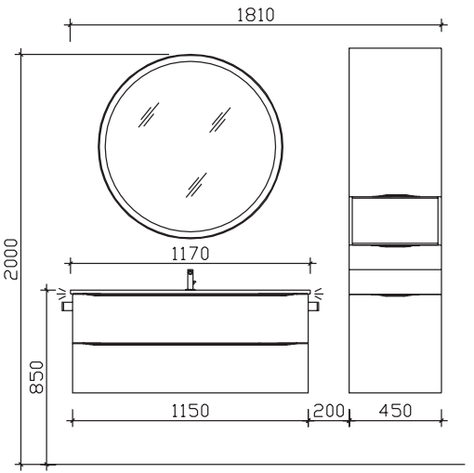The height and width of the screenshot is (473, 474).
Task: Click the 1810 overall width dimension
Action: click(256, 15)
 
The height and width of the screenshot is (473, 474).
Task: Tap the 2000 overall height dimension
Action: click(11, 259)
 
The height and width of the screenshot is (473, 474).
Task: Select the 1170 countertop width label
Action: click(191, 254)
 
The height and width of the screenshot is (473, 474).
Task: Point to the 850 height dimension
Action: click(36, 377)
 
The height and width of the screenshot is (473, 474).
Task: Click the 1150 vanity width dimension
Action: click(191, 411)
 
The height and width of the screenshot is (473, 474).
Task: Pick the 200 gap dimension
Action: click(329, 411)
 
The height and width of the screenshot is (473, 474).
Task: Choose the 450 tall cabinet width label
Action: click(395, 411)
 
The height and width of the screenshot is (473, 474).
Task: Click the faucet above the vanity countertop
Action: click(191, 280)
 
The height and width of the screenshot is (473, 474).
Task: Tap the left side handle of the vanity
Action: click(67, 307)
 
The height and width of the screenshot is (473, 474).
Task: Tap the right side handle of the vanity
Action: click(313, 307)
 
